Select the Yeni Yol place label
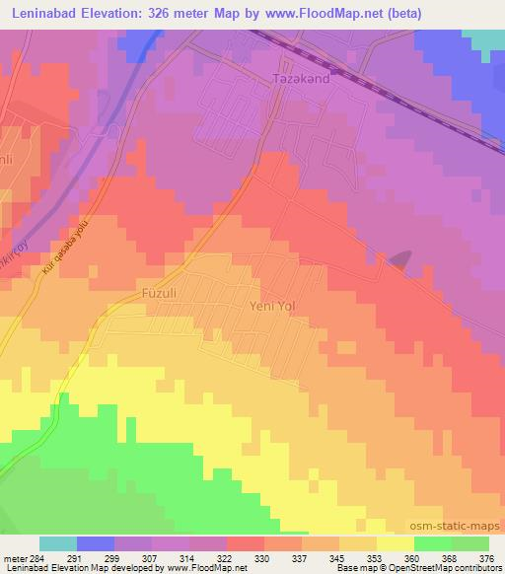(x=273, y=306)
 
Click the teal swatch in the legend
(x=57, y=543)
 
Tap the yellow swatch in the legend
(x=396, y=543)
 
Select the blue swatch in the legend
(x=95, y=543)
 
